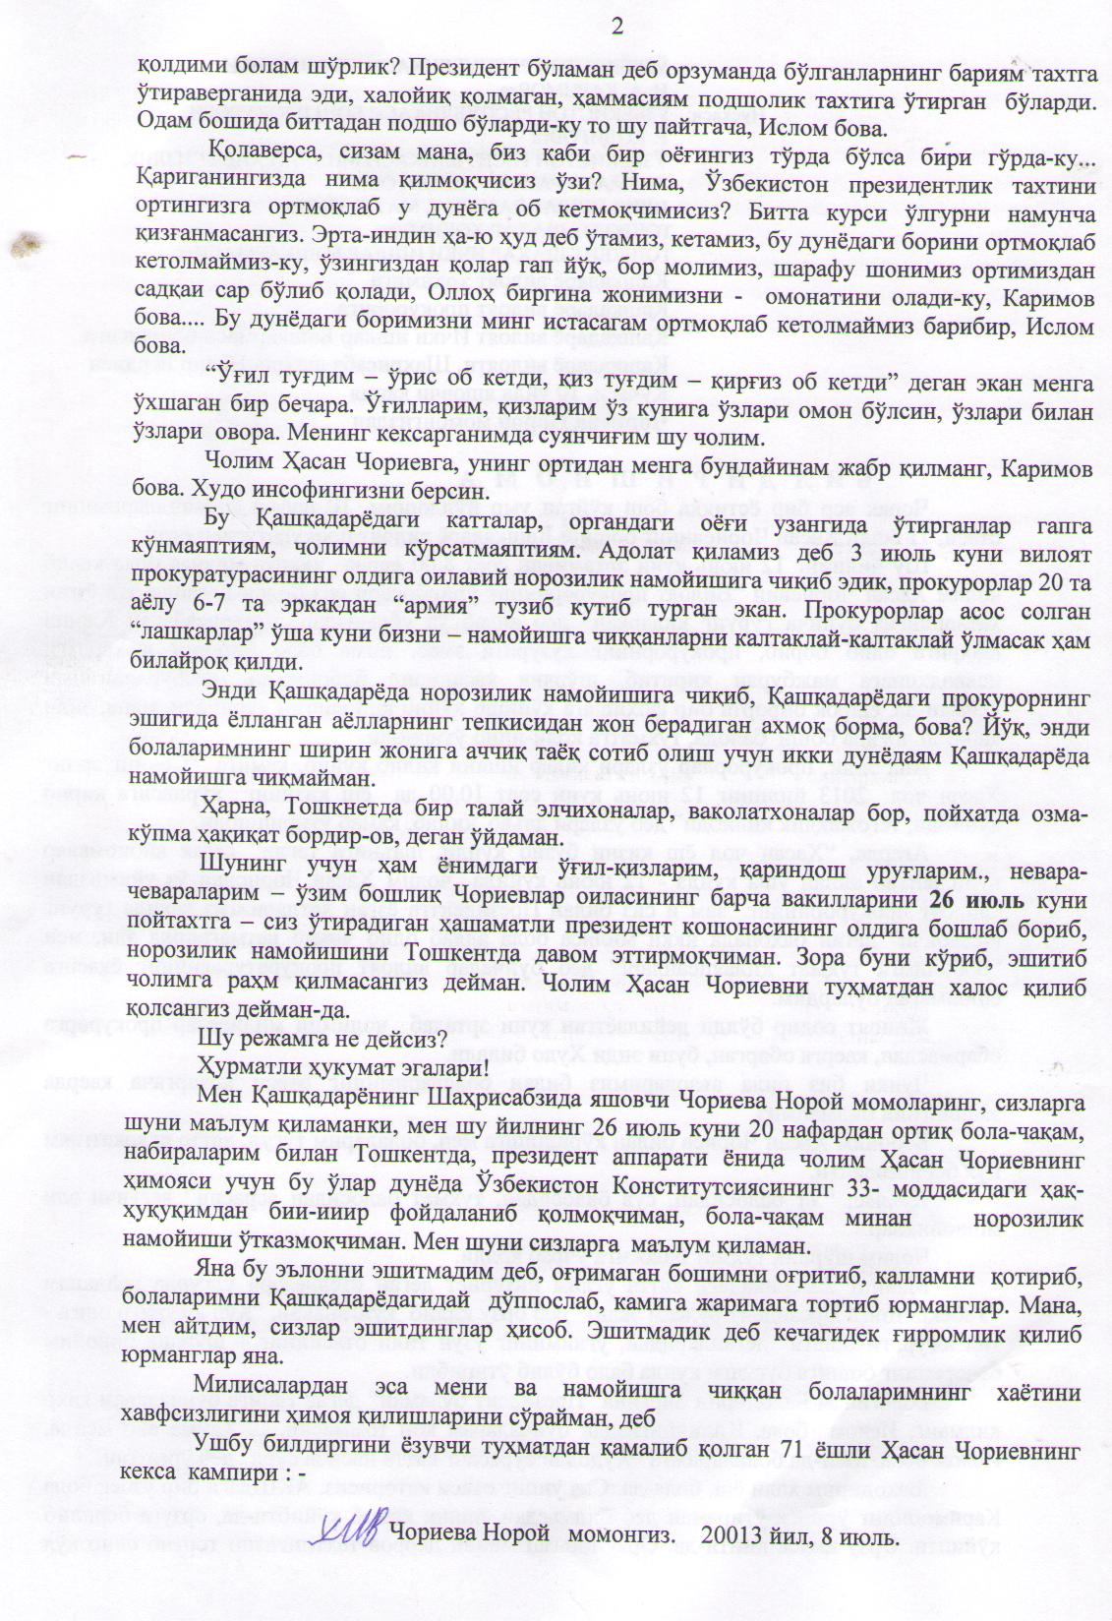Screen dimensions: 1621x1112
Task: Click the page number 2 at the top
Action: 617,26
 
